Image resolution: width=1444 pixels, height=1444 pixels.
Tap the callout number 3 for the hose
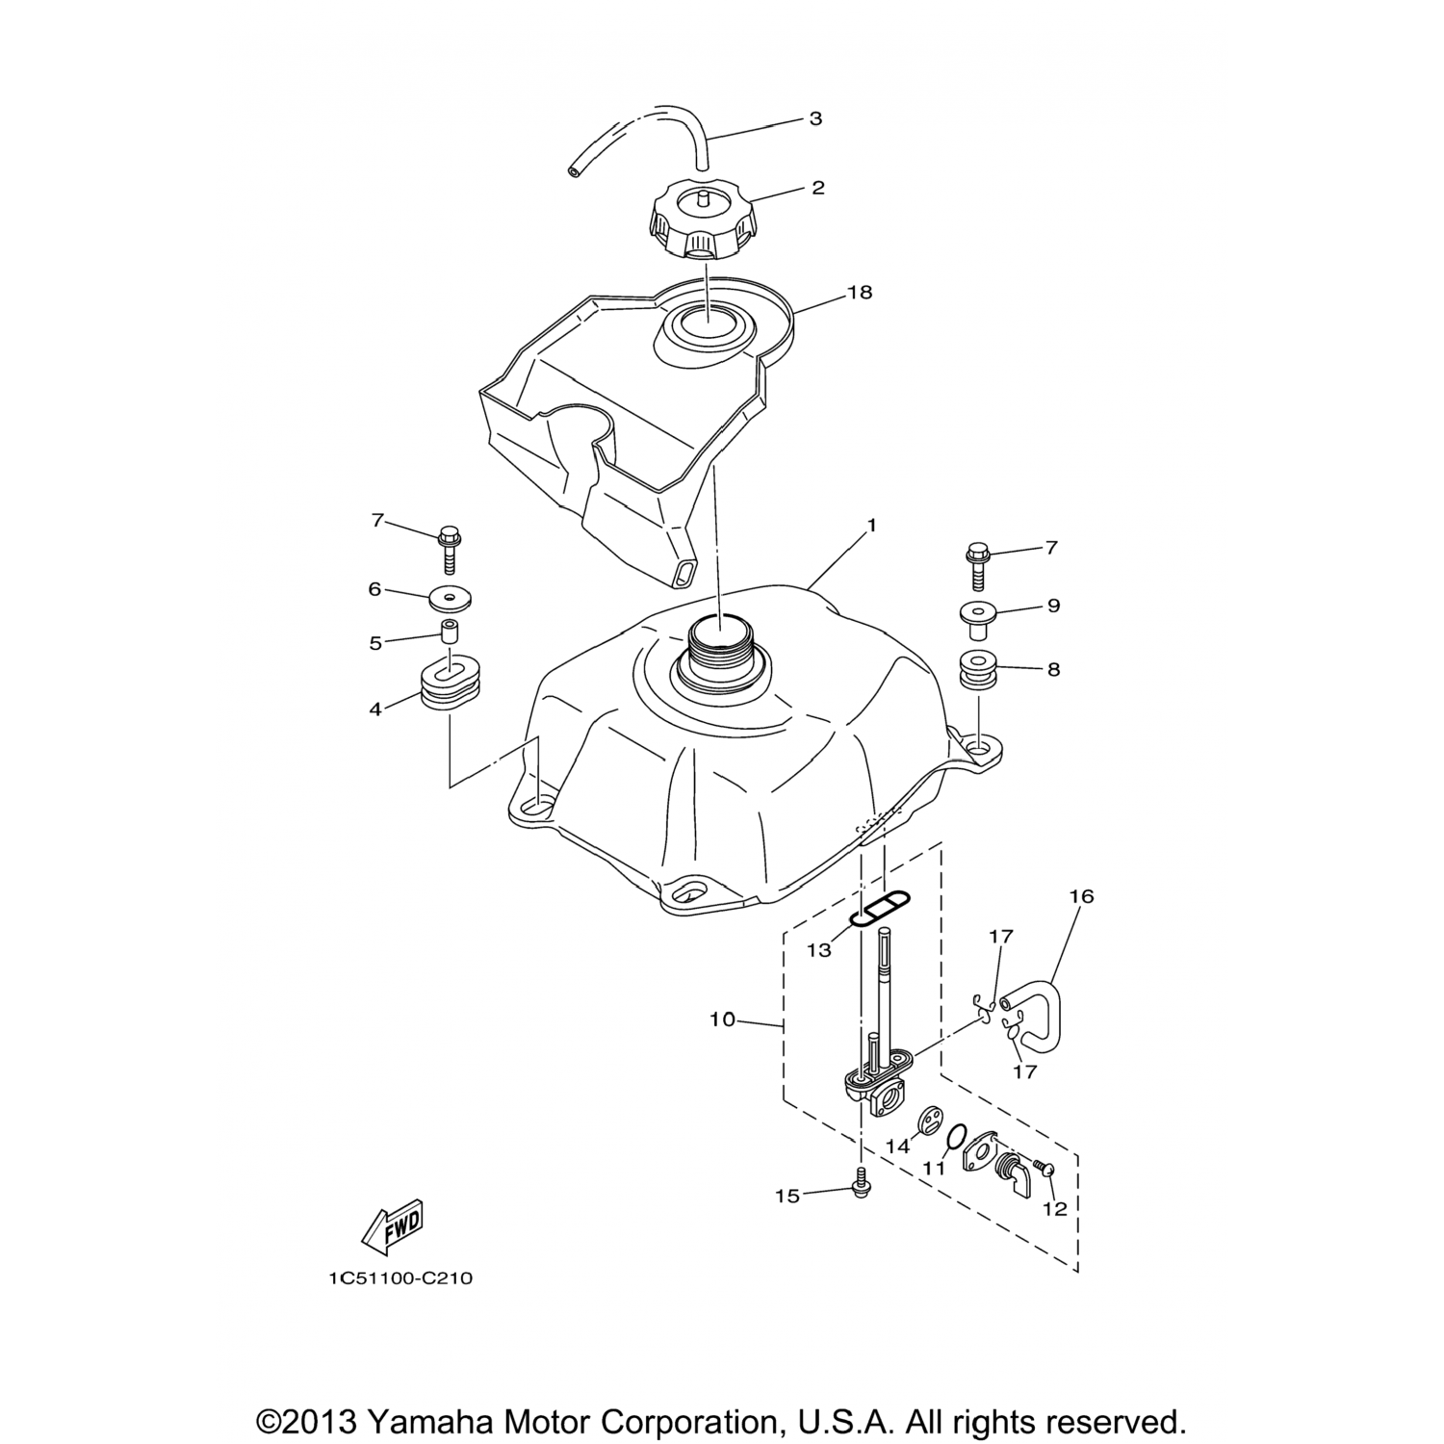[x=815, y=119]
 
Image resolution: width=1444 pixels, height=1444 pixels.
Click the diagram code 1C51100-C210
[x=400, y=1278]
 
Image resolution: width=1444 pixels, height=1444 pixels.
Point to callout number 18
[x=859, y=292]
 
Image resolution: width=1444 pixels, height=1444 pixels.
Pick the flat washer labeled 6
[x=451, y=598]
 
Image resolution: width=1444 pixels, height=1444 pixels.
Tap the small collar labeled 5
[x=450, y=633]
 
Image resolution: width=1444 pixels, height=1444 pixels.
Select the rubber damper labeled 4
[x=450, y=684]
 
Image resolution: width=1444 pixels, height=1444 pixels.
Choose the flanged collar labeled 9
[x=978, y=616]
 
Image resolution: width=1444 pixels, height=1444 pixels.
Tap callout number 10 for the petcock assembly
[x=722, y=1019]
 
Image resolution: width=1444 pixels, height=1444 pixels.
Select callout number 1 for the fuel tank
[x=871, y=526]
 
